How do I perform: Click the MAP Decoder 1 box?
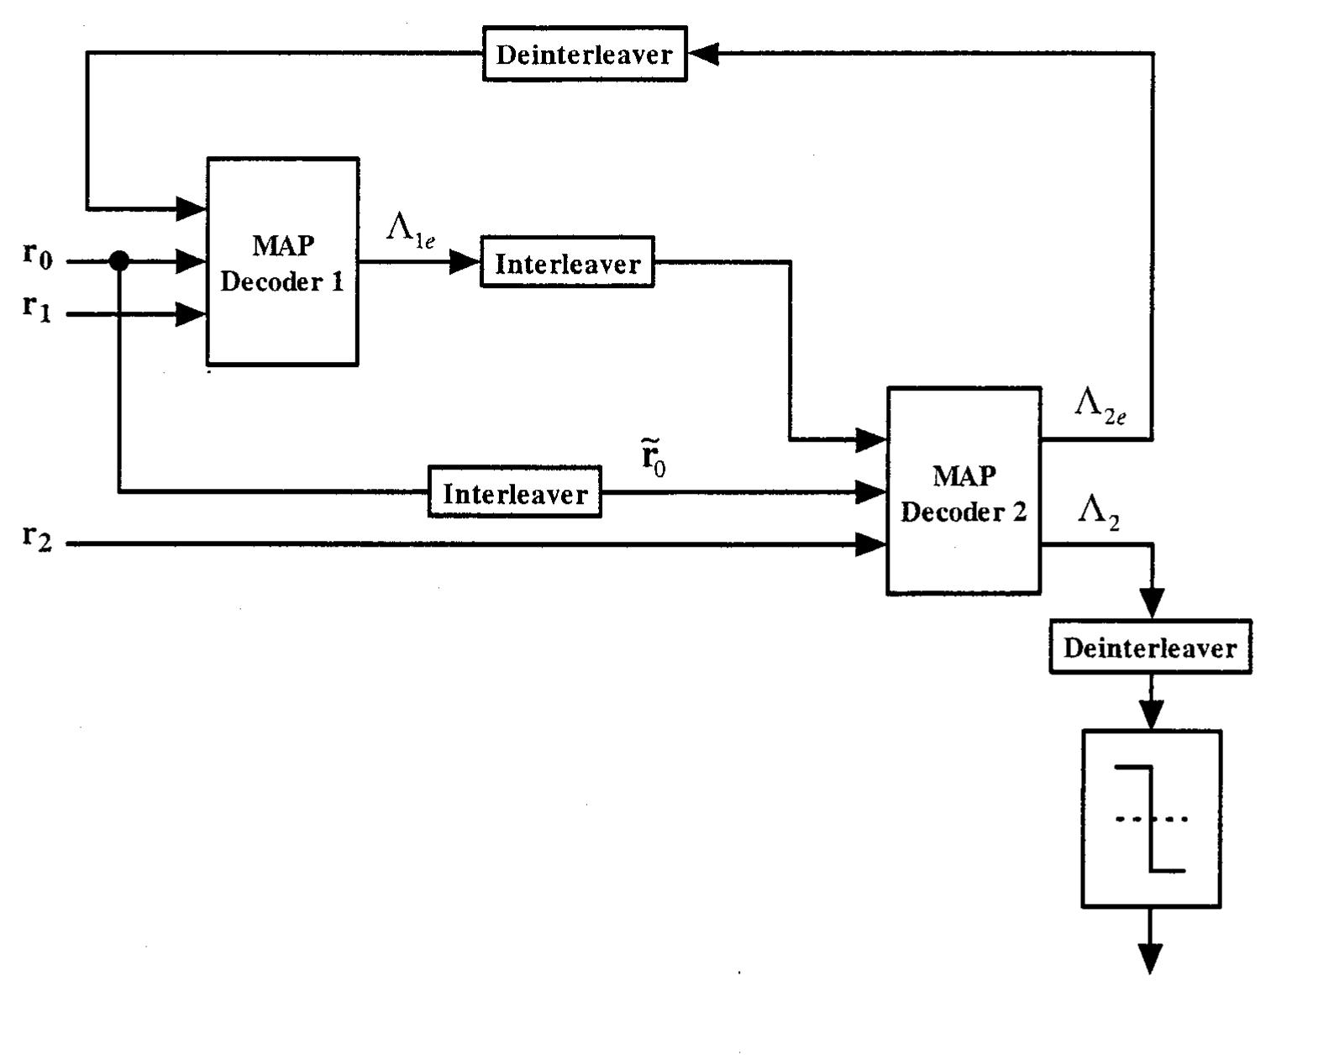282,262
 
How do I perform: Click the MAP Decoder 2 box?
964,491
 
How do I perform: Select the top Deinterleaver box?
585,54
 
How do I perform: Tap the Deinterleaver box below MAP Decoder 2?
1150,648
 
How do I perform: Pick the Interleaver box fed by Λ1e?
567,263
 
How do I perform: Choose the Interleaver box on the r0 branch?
514,492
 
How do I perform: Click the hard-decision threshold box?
1151,819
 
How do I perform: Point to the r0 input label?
37,255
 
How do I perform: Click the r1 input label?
37,307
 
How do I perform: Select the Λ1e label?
411,228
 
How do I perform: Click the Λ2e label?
1100,405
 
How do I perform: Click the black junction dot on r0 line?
119,261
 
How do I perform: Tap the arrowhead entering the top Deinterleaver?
702,54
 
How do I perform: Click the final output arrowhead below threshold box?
1149,958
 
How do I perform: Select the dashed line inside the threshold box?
1151,819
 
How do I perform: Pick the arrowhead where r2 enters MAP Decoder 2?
871,544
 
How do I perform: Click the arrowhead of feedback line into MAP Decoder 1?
192,207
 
